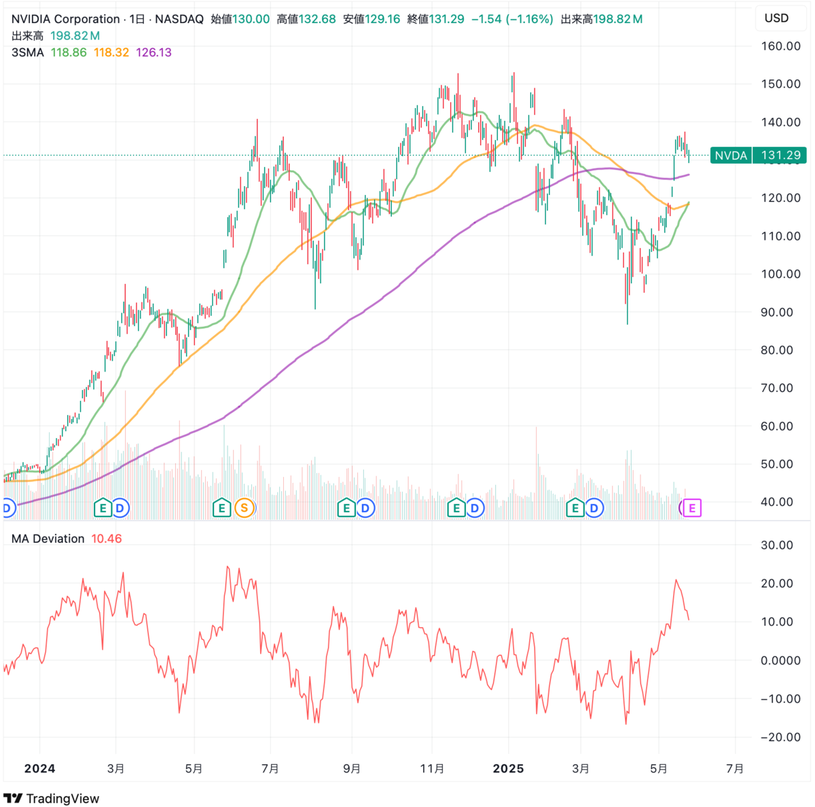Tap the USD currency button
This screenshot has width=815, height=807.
(x=776, y=18)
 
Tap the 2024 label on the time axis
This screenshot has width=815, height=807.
(x=39, y=769)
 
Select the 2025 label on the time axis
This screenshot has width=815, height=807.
(x=508, y=769)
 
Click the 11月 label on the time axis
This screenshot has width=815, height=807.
(x=432, y=769)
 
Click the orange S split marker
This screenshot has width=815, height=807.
(x=244, y=507)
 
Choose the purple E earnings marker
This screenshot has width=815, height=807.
(x=692, y=507)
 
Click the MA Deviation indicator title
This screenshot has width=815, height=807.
(x=48, y=539)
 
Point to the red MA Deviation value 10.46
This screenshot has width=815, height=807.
(x=107, y=539)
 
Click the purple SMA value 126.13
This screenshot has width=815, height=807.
(x=153, y=52)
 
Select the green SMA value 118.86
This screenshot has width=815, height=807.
(x=69, y=52)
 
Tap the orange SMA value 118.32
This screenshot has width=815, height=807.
(x=111, y=52)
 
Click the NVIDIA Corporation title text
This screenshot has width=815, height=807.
(x=66, y=19)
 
